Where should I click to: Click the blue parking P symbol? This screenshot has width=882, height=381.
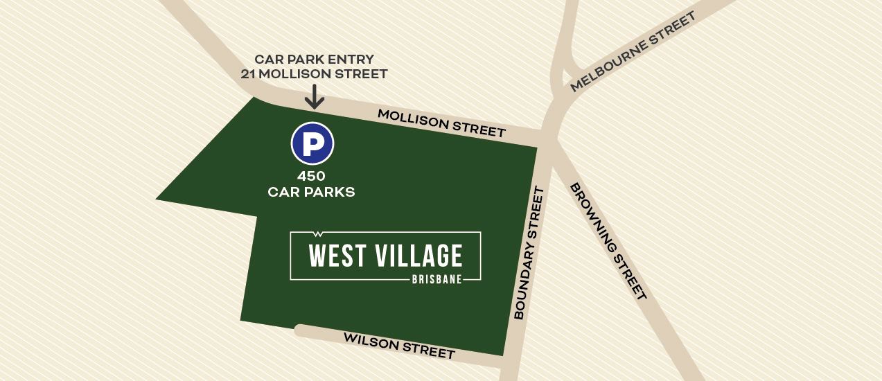coord(312,144)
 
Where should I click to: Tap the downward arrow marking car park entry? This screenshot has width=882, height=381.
coord(315,98)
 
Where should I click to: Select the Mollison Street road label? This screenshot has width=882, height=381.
coord(441,123)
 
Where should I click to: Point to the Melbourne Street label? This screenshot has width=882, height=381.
coord(632,52)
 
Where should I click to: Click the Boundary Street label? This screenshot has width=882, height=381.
coord(529,253)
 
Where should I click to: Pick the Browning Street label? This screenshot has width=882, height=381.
coord(608,241)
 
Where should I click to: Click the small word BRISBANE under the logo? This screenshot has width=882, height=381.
coord(436,280)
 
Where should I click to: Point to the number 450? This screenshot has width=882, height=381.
coord(311,176)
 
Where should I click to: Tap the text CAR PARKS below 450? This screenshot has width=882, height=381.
coord(311,192)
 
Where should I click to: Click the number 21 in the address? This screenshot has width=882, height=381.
coord(249,74)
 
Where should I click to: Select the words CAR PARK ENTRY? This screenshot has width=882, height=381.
coord(314,59)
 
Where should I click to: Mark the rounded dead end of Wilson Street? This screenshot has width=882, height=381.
coord(299,330)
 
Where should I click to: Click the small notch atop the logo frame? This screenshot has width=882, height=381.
coord(318,233)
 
